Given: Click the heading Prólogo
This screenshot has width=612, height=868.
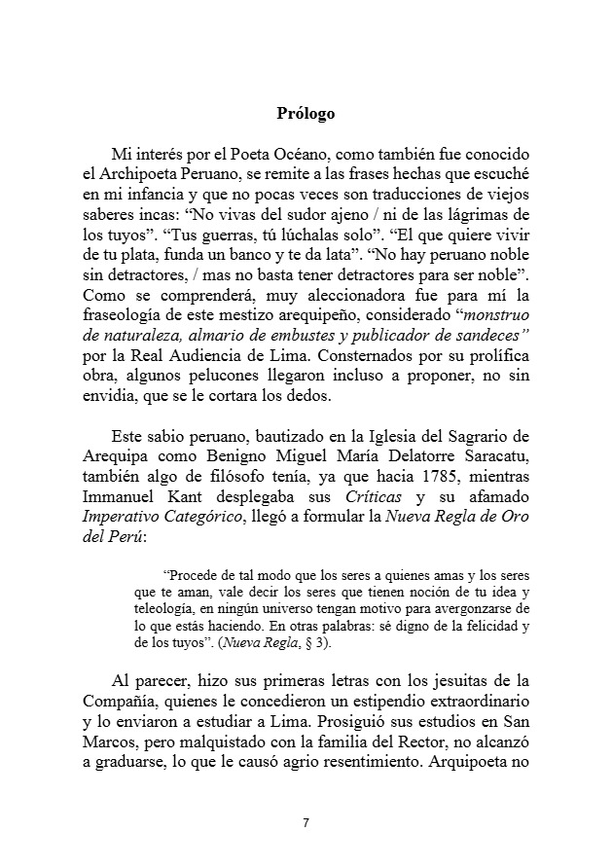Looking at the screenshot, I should tap(306, 114).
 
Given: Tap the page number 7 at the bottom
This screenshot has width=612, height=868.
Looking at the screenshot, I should tap(306, 823).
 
